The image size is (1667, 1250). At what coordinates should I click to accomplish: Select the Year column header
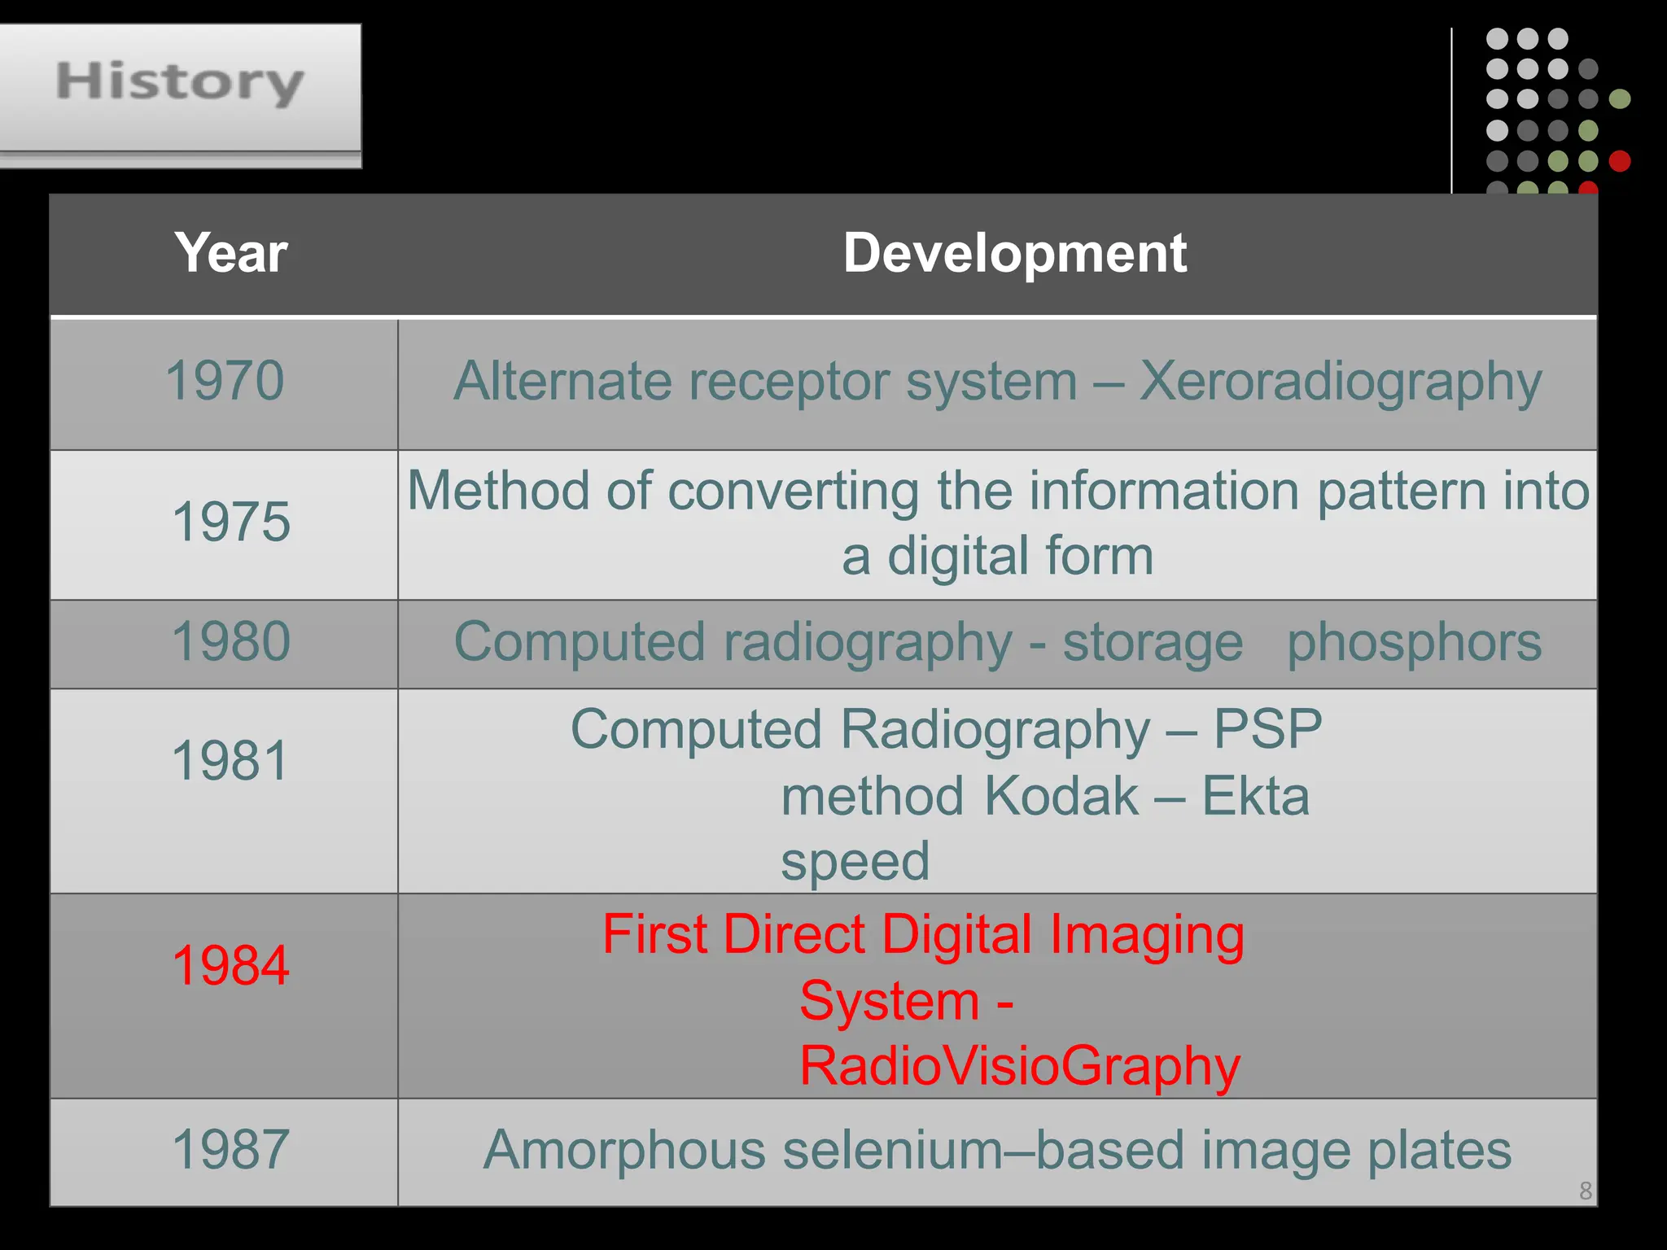tap(230, 252)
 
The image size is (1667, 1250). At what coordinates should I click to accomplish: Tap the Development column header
tap(1014, 252)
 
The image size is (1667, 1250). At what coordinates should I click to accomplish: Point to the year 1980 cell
tap(231, 641)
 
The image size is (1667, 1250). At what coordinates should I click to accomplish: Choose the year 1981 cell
tap(231, 761)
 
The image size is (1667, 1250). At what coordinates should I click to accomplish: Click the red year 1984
tap(231, 965)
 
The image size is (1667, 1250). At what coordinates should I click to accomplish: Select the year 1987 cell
tap(231, 1149)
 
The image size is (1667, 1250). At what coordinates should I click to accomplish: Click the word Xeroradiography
tap(1340, 382)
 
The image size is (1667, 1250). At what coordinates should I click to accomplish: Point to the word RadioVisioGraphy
tap(1020, 1066)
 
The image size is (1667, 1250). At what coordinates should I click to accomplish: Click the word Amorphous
tap(624, 1151)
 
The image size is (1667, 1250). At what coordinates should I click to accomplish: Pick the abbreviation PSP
tap(1267, 728)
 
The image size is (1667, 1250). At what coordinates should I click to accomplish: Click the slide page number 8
tap(1585, 1191)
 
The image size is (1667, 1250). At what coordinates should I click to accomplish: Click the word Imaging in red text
tap(1147, 936)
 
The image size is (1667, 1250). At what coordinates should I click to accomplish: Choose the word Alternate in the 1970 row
tap(562, 381)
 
